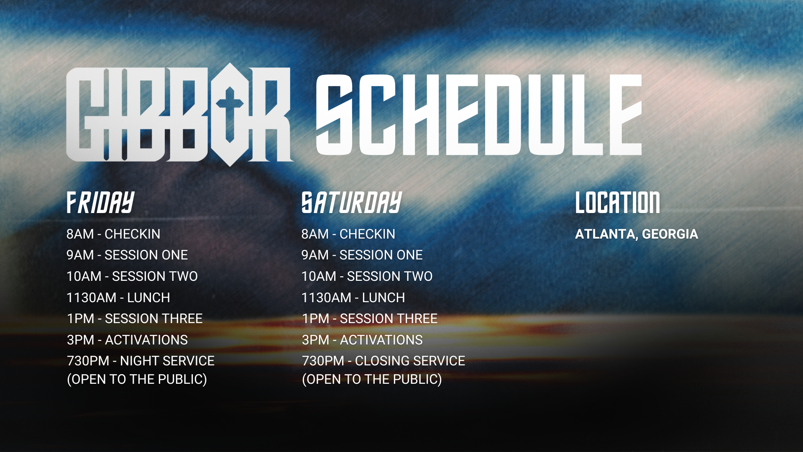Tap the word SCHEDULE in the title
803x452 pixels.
(x=479, y=115)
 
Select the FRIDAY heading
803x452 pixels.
(x=100, y=203)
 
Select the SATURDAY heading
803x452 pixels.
(x=352, y=203)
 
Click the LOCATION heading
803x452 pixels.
(x=618, y=203)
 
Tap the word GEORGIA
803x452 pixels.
(x=670, y=234)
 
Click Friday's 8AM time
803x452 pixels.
(x=80, y=234)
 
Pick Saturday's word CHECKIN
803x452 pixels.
(x=367, y=234)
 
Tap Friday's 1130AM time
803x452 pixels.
(x=92, y=298)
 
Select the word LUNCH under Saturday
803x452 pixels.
(x=384, y=298)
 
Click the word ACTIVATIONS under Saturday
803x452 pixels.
(x=381, y=340)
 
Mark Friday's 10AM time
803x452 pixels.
(x=84, y=276)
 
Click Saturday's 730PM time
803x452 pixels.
(x=323, y=361)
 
